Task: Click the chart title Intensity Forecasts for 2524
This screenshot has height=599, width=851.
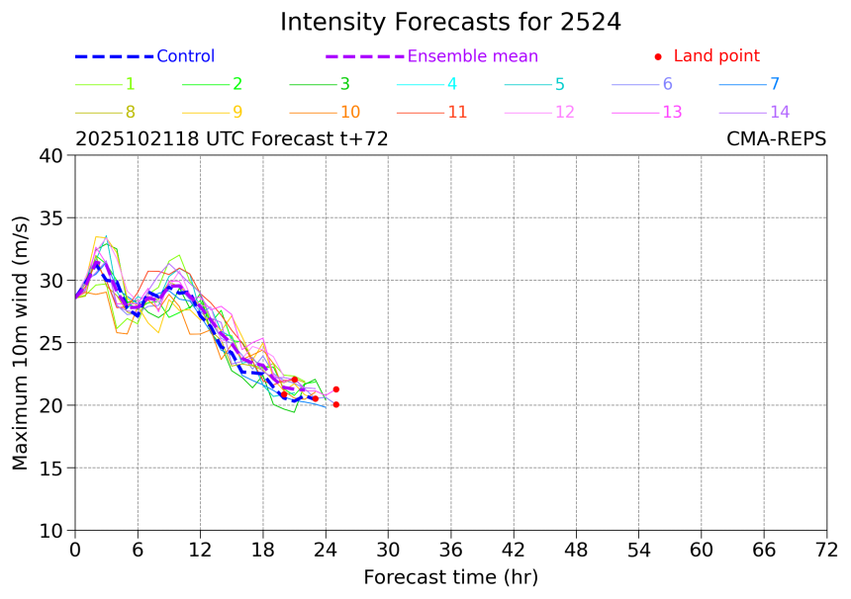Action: (x=450, y=23)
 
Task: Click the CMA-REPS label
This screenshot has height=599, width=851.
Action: (x=776, y=139)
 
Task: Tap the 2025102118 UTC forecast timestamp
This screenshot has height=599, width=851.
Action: (x=232, y=139)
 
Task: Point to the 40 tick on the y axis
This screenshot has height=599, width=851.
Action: (x=50, y=155)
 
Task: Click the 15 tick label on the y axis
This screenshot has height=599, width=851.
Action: (x=50, y=468)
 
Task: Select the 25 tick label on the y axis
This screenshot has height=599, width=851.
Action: (x=50, y=343)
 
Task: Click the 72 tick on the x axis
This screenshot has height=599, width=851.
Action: (x=827, y=550)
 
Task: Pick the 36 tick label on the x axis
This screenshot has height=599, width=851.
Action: (x=451, y=550)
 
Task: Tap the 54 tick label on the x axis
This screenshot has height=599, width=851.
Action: (x=639, y=550)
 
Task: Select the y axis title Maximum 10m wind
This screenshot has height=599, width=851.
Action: (x=21, y=343)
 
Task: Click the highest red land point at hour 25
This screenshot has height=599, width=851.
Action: (x=336, y=389)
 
